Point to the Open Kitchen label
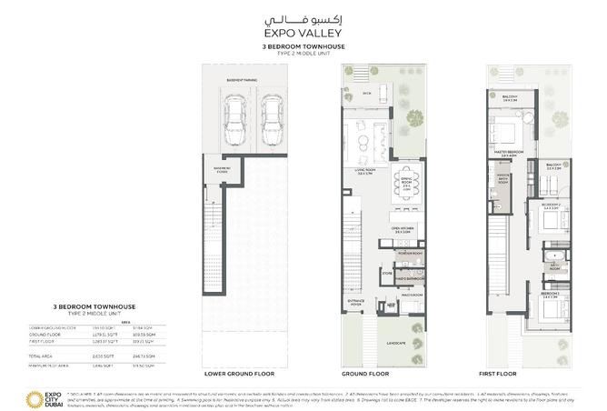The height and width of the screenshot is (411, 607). tap(404, 228)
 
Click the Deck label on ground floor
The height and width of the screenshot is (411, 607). tap(367, 93)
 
